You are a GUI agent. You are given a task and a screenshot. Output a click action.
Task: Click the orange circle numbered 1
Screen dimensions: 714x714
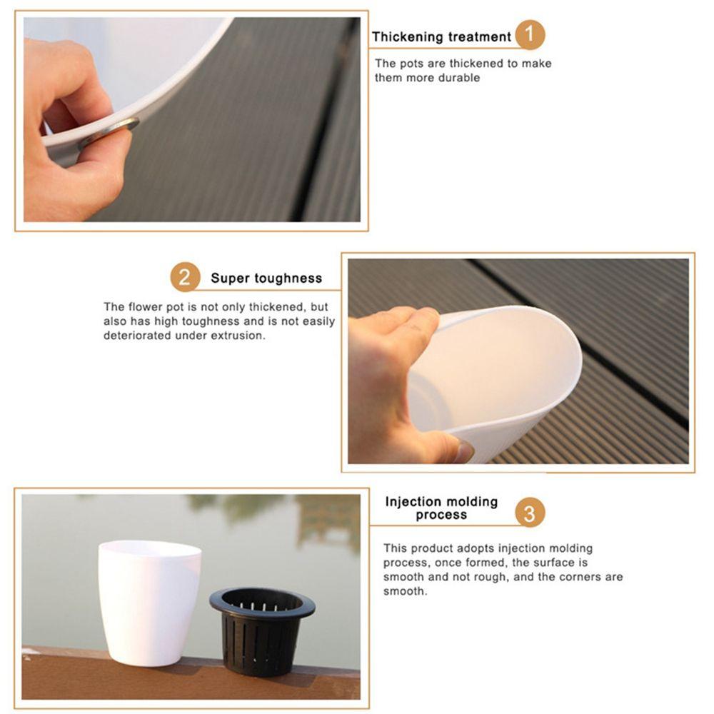click(529, 35)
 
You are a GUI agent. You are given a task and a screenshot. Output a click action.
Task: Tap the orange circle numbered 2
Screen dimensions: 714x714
click(184, 277)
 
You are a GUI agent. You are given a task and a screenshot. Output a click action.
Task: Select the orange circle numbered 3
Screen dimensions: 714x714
click(529, 513)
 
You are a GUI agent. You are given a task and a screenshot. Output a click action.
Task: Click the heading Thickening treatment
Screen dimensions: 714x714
click(441, 36)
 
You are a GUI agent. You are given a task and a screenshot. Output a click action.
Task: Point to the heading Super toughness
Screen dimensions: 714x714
click(266, 278)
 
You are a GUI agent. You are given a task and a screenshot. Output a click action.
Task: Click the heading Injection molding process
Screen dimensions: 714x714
click(441, 508)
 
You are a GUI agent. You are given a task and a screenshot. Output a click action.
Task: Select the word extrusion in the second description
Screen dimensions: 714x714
click(236, 335)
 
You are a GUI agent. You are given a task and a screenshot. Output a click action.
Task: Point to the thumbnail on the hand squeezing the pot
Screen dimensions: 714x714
click(462, 451)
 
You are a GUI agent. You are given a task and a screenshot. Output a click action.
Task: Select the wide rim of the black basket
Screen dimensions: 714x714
click(262, 602)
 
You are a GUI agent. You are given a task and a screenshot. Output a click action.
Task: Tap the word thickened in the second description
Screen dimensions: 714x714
click(272, 307)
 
